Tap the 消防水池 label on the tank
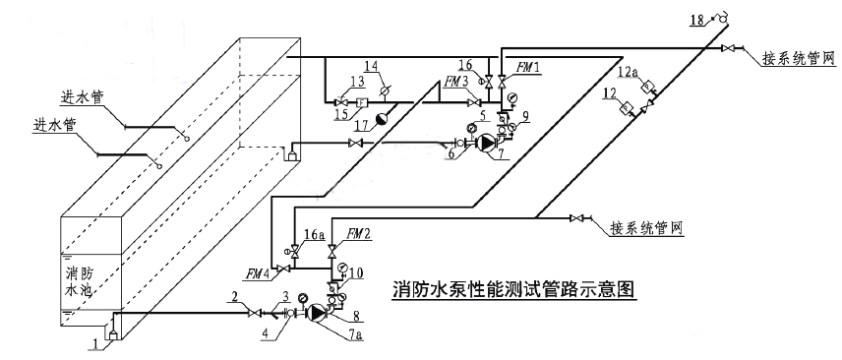pos(84,281)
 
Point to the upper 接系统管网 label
pos(798,59)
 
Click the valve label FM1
pos(528,65)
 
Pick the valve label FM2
pos(359,235)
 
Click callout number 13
pos(355,81)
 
